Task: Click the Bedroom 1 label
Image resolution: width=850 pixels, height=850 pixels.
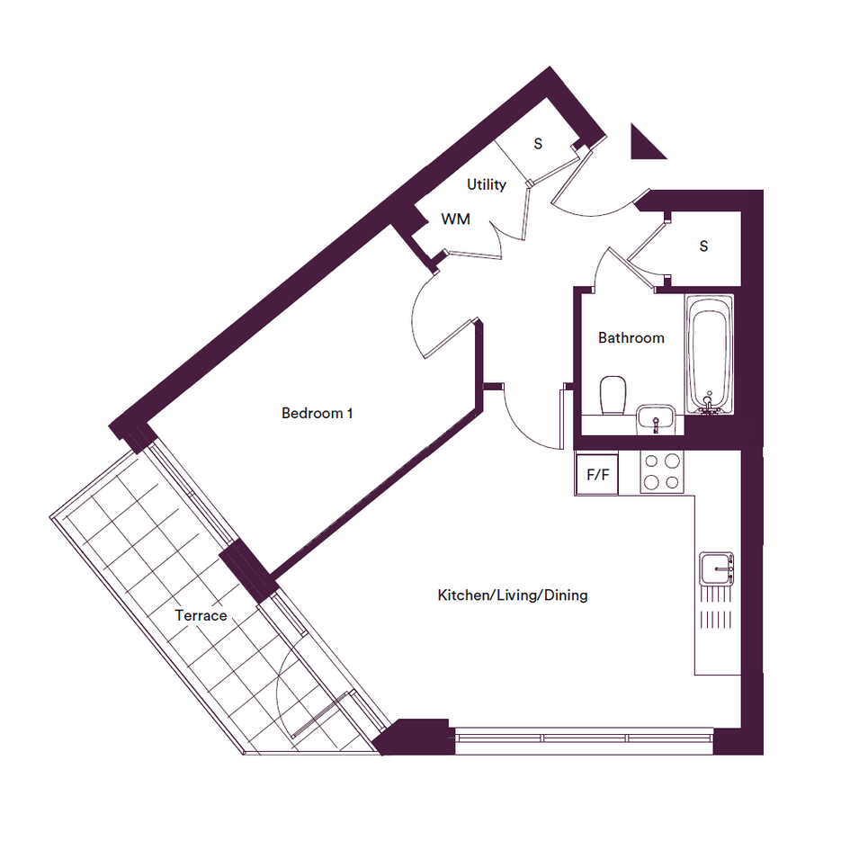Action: click(x=318, y=413)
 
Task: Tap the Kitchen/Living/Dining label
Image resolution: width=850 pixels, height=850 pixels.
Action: click(x=513, y=595)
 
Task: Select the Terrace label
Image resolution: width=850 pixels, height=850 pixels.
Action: click(x=201, y=615)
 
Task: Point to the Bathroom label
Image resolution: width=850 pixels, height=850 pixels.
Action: click(x=631, y=337)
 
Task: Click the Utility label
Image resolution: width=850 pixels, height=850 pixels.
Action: click(x=487, y=185)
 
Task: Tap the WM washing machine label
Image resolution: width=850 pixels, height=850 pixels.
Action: click(x=455, y=219)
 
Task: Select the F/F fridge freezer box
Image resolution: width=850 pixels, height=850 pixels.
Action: click(x=597, y=474)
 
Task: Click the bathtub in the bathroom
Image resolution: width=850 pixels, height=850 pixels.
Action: click(x=710, y=354)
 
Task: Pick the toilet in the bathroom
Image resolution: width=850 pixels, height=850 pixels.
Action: click(x=613, y=395)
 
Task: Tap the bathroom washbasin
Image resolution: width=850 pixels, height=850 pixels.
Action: click(x=656, y=419)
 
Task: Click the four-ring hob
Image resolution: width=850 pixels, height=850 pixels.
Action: click(x=662, y=471)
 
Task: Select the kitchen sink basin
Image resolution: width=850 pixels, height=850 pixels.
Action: click(x=716, y=568)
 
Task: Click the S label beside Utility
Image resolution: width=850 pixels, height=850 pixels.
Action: click(x=538, y=144)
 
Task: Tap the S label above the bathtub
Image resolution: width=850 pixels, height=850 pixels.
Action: click(x=703, y=246)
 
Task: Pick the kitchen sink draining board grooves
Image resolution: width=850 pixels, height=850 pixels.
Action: click(x=716, y=606)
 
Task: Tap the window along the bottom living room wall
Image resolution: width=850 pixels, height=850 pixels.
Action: click(x=585, y=738)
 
